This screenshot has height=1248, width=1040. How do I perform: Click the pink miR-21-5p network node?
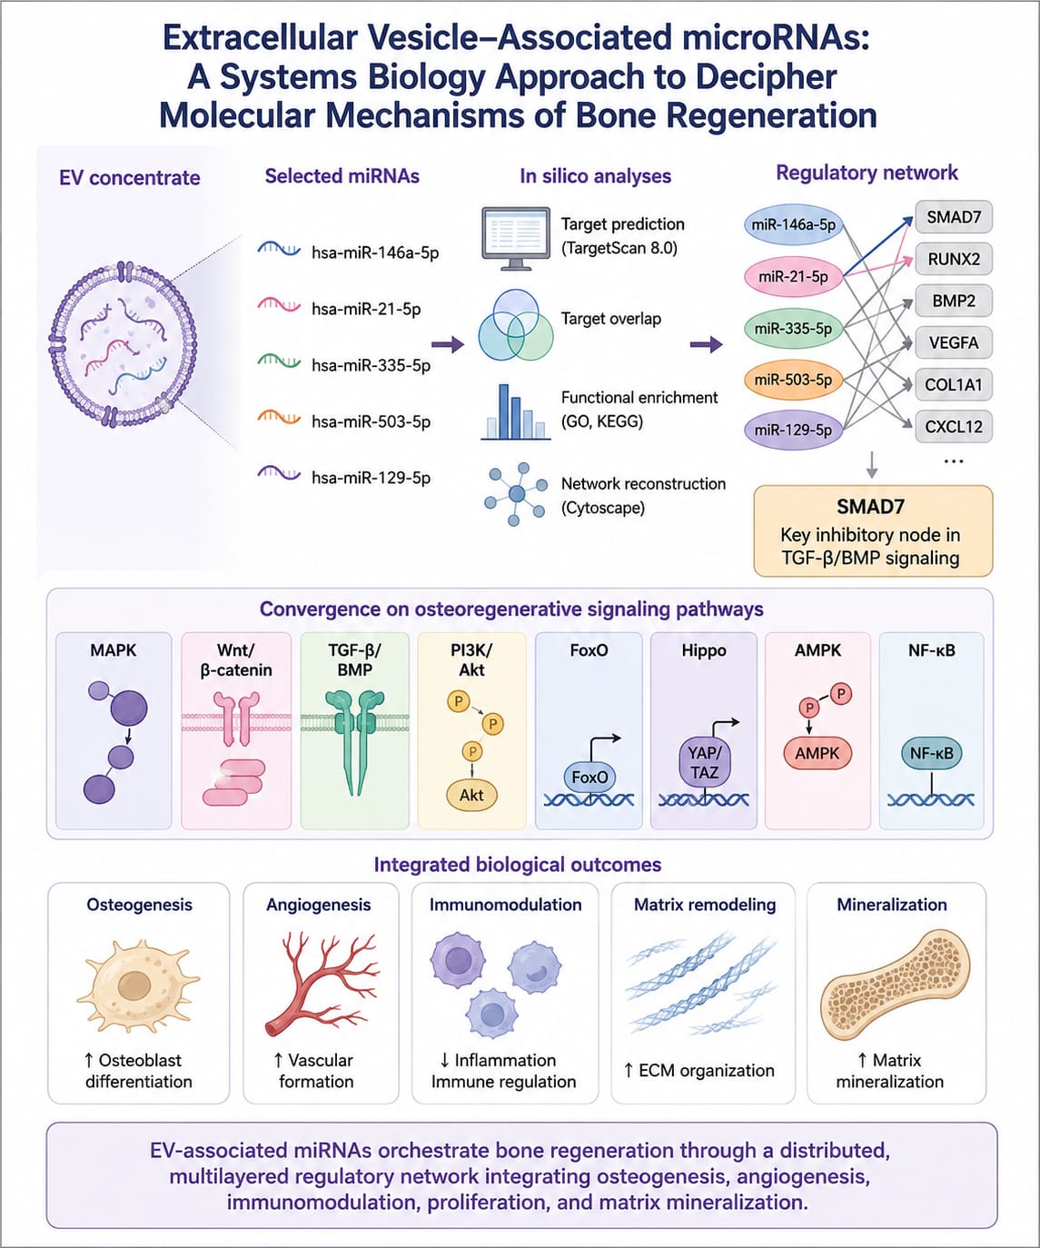tap(793, 277)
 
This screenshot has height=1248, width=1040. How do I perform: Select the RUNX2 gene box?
tap(954, 259)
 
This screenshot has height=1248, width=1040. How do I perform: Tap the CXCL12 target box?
tap(954, 427)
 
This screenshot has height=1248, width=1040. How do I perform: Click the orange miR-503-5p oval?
tap(793, 380)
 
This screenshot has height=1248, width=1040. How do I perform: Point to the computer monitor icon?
tap(515, 239)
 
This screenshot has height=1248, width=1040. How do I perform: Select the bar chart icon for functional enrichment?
tap(515, 411)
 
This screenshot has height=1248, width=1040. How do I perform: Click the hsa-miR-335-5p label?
tap(371, 365)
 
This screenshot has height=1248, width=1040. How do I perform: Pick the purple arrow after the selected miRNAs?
tap(448, 344)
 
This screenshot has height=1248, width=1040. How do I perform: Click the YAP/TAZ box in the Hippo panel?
tap(704, 763)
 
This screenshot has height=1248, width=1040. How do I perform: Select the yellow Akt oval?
tap(471, 795)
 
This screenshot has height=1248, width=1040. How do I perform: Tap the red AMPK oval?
tap(817, 754)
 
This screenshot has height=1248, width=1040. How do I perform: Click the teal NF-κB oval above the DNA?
tap(931, 754)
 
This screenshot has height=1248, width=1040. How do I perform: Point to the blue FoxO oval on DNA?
tap(589, 777)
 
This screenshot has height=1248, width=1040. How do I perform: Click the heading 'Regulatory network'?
tap(867, 173)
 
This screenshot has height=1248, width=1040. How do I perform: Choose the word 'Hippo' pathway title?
tap(704, 650)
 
